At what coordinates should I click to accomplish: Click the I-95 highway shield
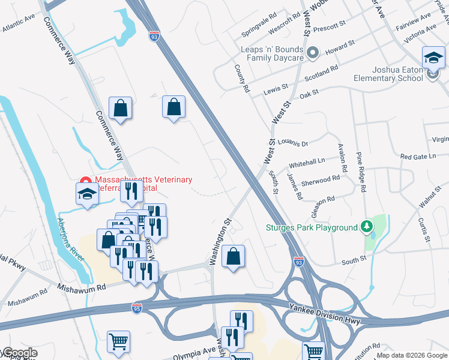tap(136, 308)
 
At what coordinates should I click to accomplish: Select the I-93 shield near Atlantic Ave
tap(155, 37)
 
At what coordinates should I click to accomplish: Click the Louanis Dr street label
tap(292, 143)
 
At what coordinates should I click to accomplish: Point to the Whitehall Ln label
tap(306, 163)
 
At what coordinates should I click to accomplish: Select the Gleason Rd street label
tap(322, 200)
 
